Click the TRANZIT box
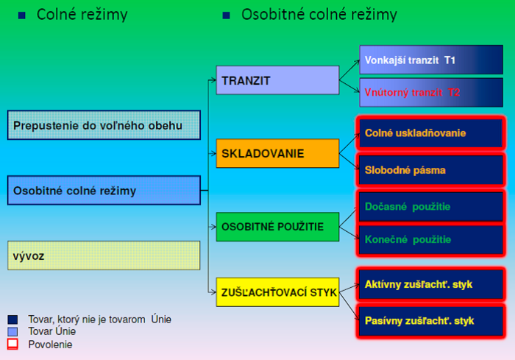pos(277,80)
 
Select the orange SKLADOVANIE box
pos(277,153)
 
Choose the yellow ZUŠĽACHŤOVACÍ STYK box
pos(277,292)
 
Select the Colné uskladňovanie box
pos(430,133)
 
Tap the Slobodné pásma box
pos(430,169)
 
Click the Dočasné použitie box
pos(430,207)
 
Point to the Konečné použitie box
pos(430,239)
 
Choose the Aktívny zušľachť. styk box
pos(430,284)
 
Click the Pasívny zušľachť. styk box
pos(430,321)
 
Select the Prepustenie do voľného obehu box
pos(104,126)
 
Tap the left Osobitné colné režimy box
pos(104,191)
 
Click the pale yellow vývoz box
pos(104,255)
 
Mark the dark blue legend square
pos(13,320)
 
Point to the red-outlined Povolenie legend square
pos(13,344)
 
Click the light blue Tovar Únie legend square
pos(13,332)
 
